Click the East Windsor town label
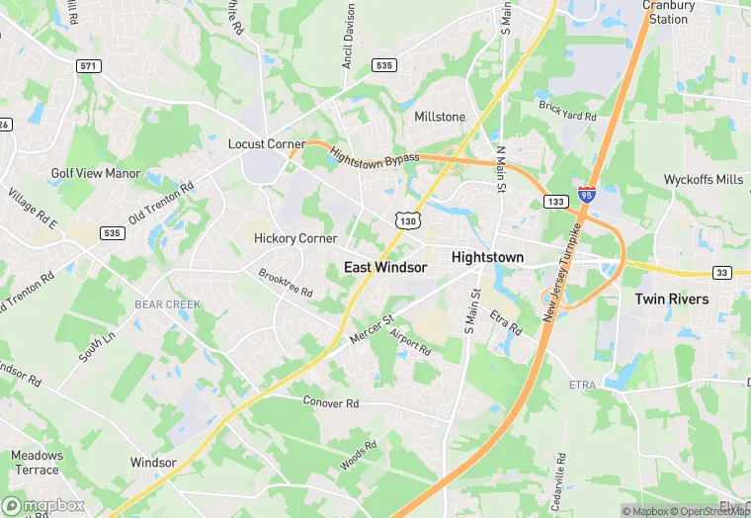[x=385, y=267]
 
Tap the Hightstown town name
[x=487, y=257]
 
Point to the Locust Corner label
[x=267, y=144]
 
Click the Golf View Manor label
[x=96, y=174]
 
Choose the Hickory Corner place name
[x=295, y=238]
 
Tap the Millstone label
[x=440, y=117]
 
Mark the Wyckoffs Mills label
[x=704, y=180]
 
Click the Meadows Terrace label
[x=37, y=463]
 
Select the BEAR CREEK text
[x=168, y=304]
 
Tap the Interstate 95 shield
[x=587, y=195]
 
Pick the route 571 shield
[x=89, y=65]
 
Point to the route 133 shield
[x=554, y=201]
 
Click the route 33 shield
[x=722, y=273]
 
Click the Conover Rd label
[x=330, y=403]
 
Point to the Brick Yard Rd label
[x=567, y=110]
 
